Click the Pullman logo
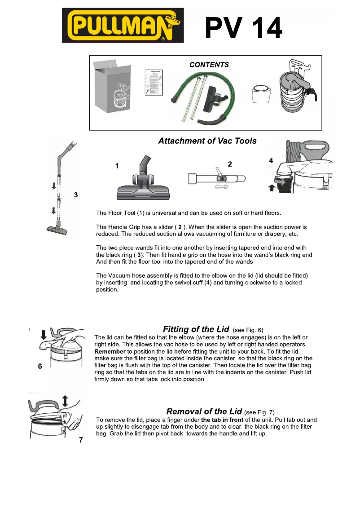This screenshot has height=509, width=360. point(123,25)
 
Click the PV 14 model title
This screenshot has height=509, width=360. point(244,28)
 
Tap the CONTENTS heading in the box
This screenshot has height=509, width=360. point(209,65)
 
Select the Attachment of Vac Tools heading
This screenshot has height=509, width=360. point(207,141)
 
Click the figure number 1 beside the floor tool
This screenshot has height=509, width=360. point(117,166)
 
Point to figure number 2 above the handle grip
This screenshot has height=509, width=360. point(229,164)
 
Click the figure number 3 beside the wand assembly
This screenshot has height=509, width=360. point(76,195)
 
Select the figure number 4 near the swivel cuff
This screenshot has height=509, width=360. point(271,160)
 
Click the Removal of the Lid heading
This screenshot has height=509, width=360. point(204,412)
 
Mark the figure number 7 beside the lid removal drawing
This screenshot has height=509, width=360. point(81,440)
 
